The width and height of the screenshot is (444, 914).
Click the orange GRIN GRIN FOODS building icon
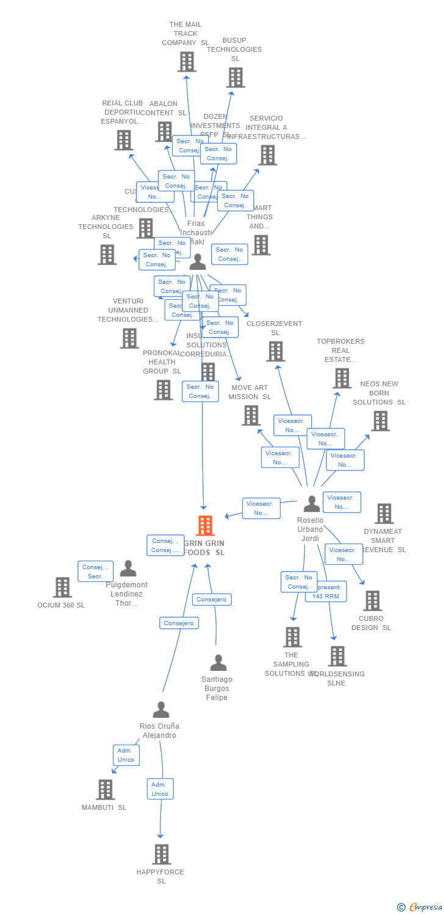pos(205,525)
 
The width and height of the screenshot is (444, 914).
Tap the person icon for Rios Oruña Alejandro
pos(161,710)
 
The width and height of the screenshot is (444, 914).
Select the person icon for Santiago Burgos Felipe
pos(218,663)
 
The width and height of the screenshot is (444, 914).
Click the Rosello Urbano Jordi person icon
pos(312,504)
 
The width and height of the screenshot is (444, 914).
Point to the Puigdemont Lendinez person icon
pos(128,569)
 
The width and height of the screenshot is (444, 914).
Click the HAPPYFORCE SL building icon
pos(161,854)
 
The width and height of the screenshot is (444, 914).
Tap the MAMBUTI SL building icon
pos(105,789)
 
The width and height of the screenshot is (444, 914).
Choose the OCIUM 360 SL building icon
pos(62,587)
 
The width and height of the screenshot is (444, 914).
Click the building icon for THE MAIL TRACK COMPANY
pos(187,62)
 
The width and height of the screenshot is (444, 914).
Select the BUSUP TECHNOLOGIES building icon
pos(235,77)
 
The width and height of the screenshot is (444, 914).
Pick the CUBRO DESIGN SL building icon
pos(372,601)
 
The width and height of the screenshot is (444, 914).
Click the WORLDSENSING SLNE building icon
pos(337,656)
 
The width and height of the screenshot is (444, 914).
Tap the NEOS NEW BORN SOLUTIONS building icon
pos(380,420)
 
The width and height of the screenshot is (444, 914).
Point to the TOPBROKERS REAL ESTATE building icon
pos(342,378)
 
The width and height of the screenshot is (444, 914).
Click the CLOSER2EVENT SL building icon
pos(276,351)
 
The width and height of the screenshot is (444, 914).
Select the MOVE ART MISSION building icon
pos(251,415)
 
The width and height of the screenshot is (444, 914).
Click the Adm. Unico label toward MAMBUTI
pos(126,755)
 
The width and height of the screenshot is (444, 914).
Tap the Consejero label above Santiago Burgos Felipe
pos(212,600)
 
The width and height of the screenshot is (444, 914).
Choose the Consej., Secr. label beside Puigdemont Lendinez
pos(95,572)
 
